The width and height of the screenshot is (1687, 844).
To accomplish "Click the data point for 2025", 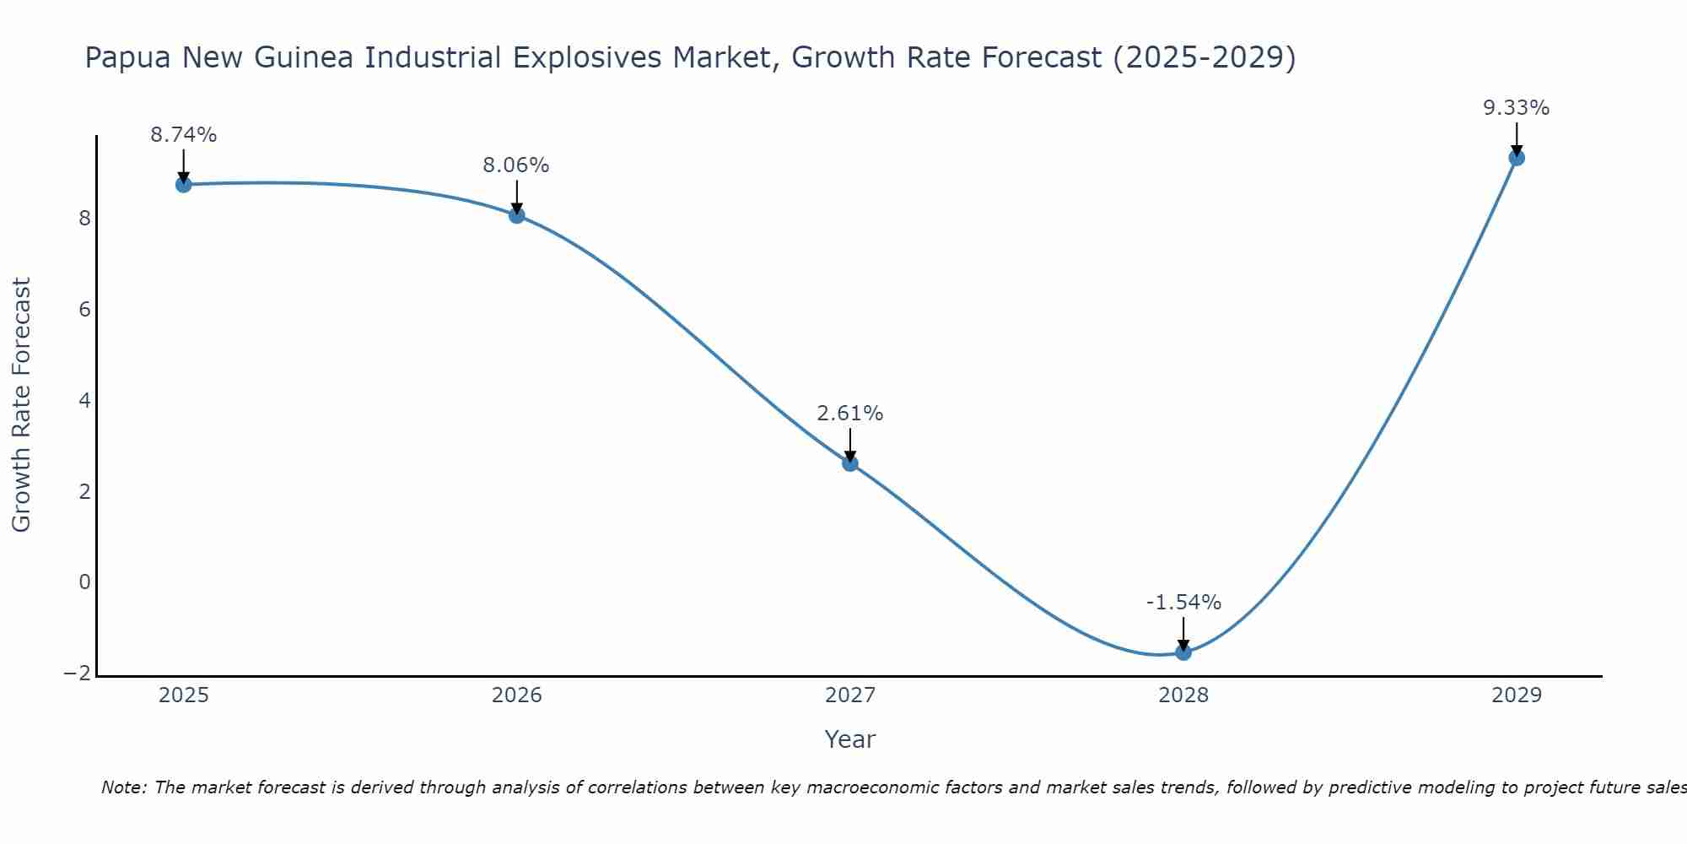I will [x=184, y=184].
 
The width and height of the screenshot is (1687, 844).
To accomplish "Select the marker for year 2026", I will [x=517, y=215].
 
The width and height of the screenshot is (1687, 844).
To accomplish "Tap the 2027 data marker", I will [x=850, y=463].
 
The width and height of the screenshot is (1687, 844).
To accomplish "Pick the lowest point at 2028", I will [x=1183, y=652].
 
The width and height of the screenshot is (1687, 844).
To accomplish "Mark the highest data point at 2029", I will [x=1517, y=158].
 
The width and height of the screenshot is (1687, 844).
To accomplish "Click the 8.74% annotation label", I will [x=184, y=135].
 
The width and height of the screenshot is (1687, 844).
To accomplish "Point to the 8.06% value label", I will [x=516, y=165].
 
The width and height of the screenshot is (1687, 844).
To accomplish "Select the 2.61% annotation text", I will [x=850, y=414].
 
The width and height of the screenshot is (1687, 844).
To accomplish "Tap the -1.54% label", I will [x=1183, y=603].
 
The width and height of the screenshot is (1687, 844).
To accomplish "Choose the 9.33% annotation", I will [x=1517, y=108].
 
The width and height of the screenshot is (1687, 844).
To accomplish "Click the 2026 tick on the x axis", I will [x=517, y=695].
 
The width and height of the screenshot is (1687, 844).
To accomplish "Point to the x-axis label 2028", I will [x=1183, y=695].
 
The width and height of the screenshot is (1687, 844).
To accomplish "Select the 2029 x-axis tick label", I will [x=1517, y=695].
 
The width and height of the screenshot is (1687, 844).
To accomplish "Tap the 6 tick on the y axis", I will [x=84, y=310].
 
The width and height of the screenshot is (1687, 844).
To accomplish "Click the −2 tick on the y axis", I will [x=77, y=674].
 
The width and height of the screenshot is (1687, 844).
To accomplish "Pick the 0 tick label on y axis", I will [x=84, y=582].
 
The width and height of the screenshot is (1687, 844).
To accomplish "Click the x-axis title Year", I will [x=850, y=739].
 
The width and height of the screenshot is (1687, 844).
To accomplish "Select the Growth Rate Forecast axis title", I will [x=22, y=405].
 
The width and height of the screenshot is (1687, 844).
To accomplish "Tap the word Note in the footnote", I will [x=124, y=787].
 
